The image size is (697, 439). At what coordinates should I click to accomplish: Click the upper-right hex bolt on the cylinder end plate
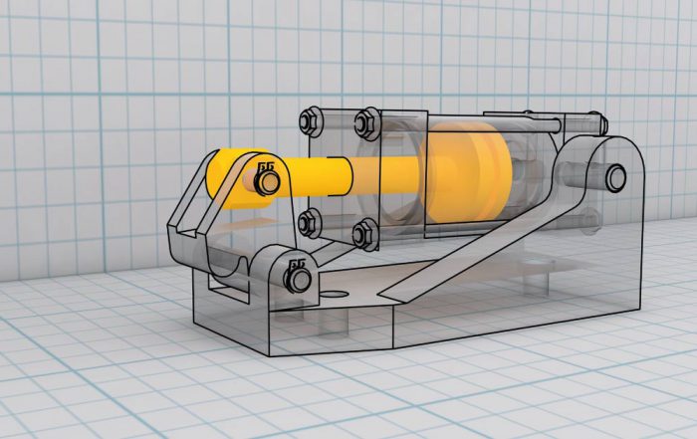(364, 122)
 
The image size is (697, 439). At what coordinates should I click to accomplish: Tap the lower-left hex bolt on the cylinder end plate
(311, 223)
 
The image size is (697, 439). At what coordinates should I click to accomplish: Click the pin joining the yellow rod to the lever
(268, 182)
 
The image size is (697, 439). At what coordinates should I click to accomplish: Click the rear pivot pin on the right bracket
(615, 177)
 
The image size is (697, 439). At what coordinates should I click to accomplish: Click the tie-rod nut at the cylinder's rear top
(598, 122)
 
